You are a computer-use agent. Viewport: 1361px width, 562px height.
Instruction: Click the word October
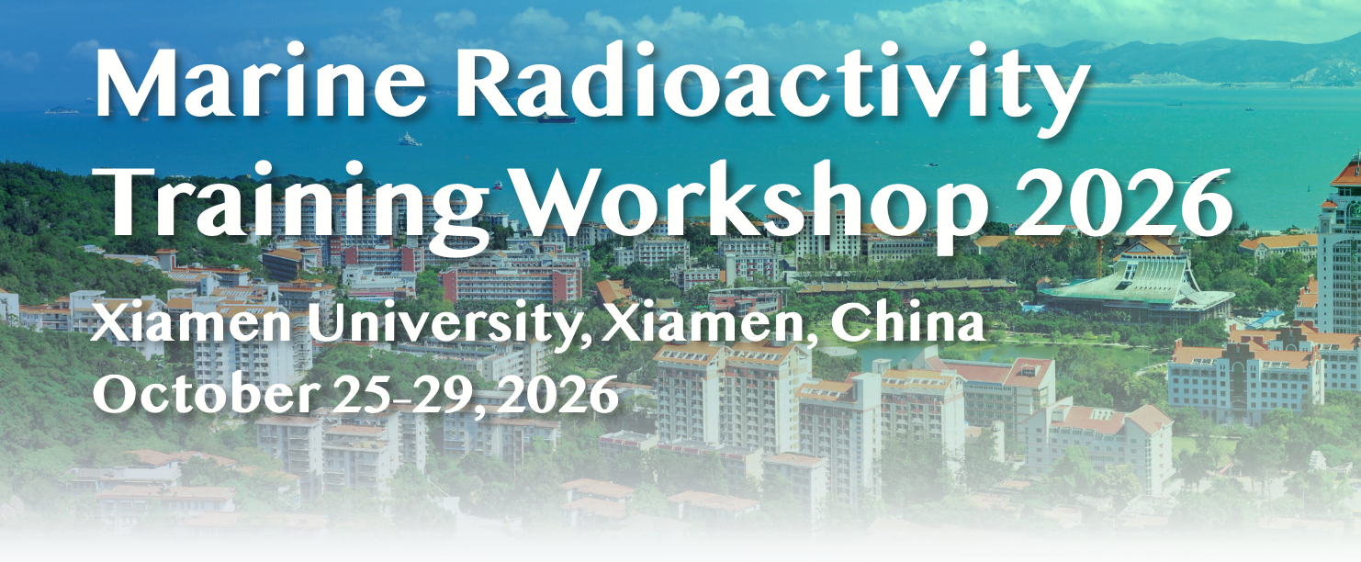pyautogui.click(x=207, y=393)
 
